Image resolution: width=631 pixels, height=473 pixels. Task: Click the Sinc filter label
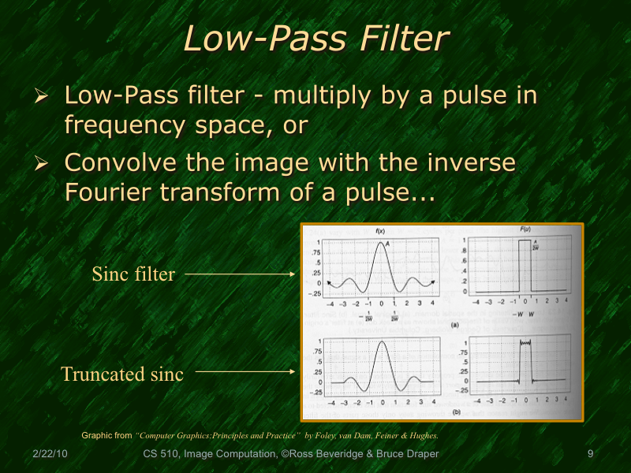point(133,274)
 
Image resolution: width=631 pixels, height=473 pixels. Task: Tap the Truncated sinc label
point(121,374)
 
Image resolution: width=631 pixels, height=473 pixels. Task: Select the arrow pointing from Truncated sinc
point(244,370)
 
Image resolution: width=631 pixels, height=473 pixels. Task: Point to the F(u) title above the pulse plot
point(526,229)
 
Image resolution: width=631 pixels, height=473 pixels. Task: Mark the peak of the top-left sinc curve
point(383,243)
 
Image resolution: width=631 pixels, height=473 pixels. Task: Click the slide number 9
point(590,455)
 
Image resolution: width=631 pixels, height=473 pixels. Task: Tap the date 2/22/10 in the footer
point(50,455)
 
